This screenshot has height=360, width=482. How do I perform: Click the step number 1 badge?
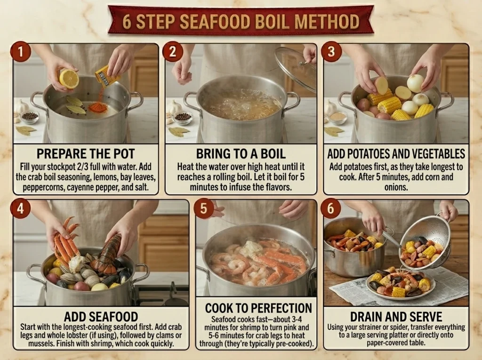(x=21, y=52)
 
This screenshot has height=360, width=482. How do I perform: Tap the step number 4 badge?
(x=20, y=208)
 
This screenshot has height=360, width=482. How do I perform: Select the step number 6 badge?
(x=330, y=208)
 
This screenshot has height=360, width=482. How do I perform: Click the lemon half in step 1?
(x=69, y=79)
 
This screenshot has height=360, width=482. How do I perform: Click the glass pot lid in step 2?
(x=295, y=69)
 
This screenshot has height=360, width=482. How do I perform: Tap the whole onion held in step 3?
(x=415, y=83)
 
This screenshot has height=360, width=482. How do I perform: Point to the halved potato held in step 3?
(x=381, y=86)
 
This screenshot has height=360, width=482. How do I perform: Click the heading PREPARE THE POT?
(x=86, y=154)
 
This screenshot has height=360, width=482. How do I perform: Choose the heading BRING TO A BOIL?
(x=241, y=154)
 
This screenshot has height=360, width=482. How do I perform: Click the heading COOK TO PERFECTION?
(x=258, y=308)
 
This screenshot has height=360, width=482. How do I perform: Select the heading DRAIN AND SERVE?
(x=396, y=316)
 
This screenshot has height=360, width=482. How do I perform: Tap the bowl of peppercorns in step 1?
(x=30, y=117)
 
